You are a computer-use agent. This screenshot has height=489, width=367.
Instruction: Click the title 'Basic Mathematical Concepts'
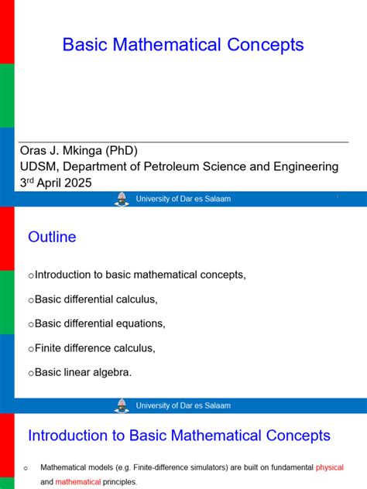click(x=183, y=45)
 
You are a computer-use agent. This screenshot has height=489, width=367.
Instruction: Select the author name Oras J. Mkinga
click(x=60, y=150)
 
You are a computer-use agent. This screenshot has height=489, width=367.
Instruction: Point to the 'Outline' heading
click(x=52, y=238)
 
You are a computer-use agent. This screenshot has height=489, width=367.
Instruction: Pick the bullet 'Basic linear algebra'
click(x=83, y=372)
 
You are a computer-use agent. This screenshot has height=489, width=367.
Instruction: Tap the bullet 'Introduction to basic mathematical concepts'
click(x=140, y=275)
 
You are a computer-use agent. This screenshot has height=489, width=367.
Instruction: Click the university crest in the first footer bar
click(x=122, y=199)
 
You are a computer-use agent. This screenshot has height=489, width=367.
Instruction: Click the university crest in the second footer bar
click(x=122, y=405)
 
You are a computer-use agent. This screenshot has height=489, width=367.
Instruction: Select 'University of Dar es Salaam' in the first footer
click(x=183, y=199)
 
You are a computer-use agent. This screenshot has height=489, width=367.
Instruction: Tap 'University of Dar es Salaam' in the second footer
click(x=183, y=405)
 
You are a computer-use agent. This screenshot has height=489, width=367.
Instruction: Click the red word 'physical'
click(x=329, y=467)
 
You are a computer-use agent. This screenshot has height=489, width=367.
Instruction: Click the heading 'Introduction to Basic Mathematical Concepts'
click(x=179, y=436)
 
